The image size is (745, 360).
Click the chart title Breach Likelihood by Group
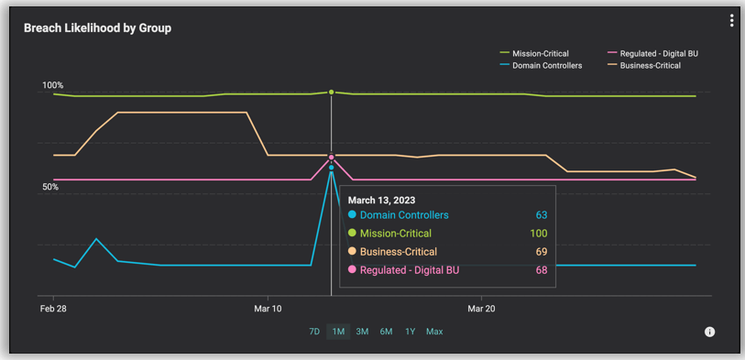(x=97, y=27)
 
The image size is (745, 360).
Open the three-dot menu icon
(x=731, y=21)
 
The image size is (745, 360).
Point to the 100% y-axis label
(x=53, y=85)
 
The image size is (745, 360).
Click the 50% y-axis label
(x=51, y=187)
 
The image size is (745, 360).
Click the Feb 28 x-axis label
(x=54, y=309)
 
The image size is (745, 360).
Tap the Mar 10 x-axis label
(x=268, y=309)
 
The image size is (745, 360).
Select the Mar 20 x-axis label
(x=482, y=309)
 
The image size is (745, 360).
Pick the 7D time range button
(x=314, y=332)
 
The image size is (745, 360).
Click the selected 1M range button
(x=338, y=332)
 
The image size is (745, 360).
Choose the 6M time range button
(x=386, y=332)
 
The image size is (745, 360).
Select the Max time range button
(x=434, y=332)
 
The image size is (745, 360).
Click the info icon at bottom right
(x=709, y=332)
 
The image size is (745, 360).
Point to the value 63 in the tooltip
(x=541, y=215)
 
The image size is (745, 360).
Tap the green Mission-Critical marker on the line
(x=331, y=93)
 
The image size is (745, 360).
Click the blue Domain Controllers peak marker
(x=331, y=168)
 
